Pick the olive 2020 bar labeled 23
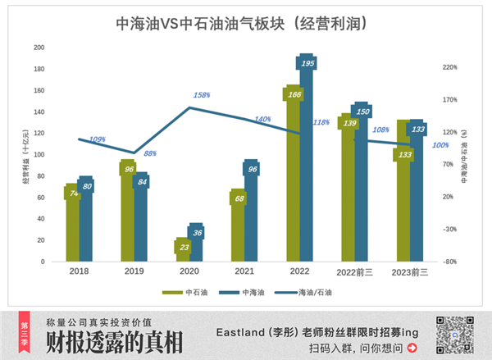click(184, 250)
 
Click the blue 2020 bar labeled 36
click(197, 243)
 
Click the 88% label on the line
click(150, 153)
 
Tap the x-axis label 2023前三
click(411, 271)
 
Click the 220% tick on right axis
click(449, 68)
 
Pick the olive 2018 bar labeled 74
click(72, 221)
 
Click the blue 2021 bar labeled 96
click(252, 209)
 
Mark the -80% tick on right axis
click(449, 262)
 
